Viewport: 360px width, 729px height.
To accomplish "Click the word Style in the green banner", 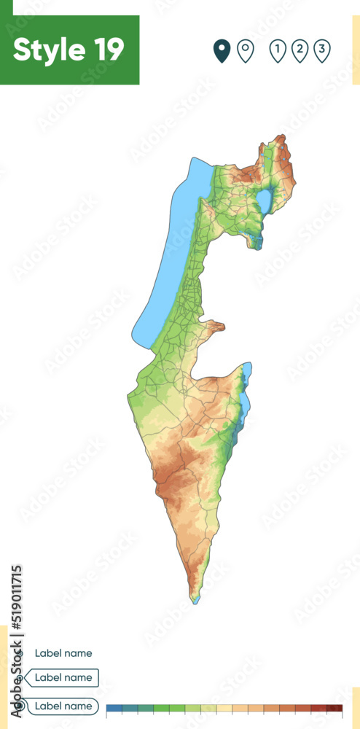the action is [47, 50].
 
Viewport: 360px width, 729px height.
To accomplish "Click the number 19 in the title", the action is [108, 50].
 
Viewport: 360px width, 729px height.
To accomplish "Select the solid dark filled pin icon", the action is [222, 50].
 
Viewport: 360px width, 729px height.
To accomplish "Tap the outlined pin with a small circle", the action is [246, 50].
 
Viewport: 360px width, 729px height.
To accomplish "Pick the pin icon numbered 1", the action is [277, 50].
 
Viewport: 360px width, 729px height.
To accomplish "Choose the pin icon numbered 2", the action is [300, 50].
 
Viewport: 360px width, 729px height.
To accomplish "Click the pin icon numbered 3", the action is [322, 50].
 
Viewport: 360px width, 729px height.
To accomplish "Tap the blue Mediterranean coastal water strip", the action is [171, 255].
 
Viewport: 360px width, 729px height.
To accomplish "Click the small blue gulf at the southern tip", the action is [195, 599].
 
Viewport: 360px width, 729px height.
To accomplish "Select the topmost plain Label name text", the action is [63, 653].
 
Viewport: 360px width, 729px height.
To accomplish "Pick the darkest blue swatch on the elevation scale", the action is [114, 708].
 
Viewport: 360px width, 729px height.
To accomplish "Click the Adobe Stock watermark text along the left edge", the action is [16, 642].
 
